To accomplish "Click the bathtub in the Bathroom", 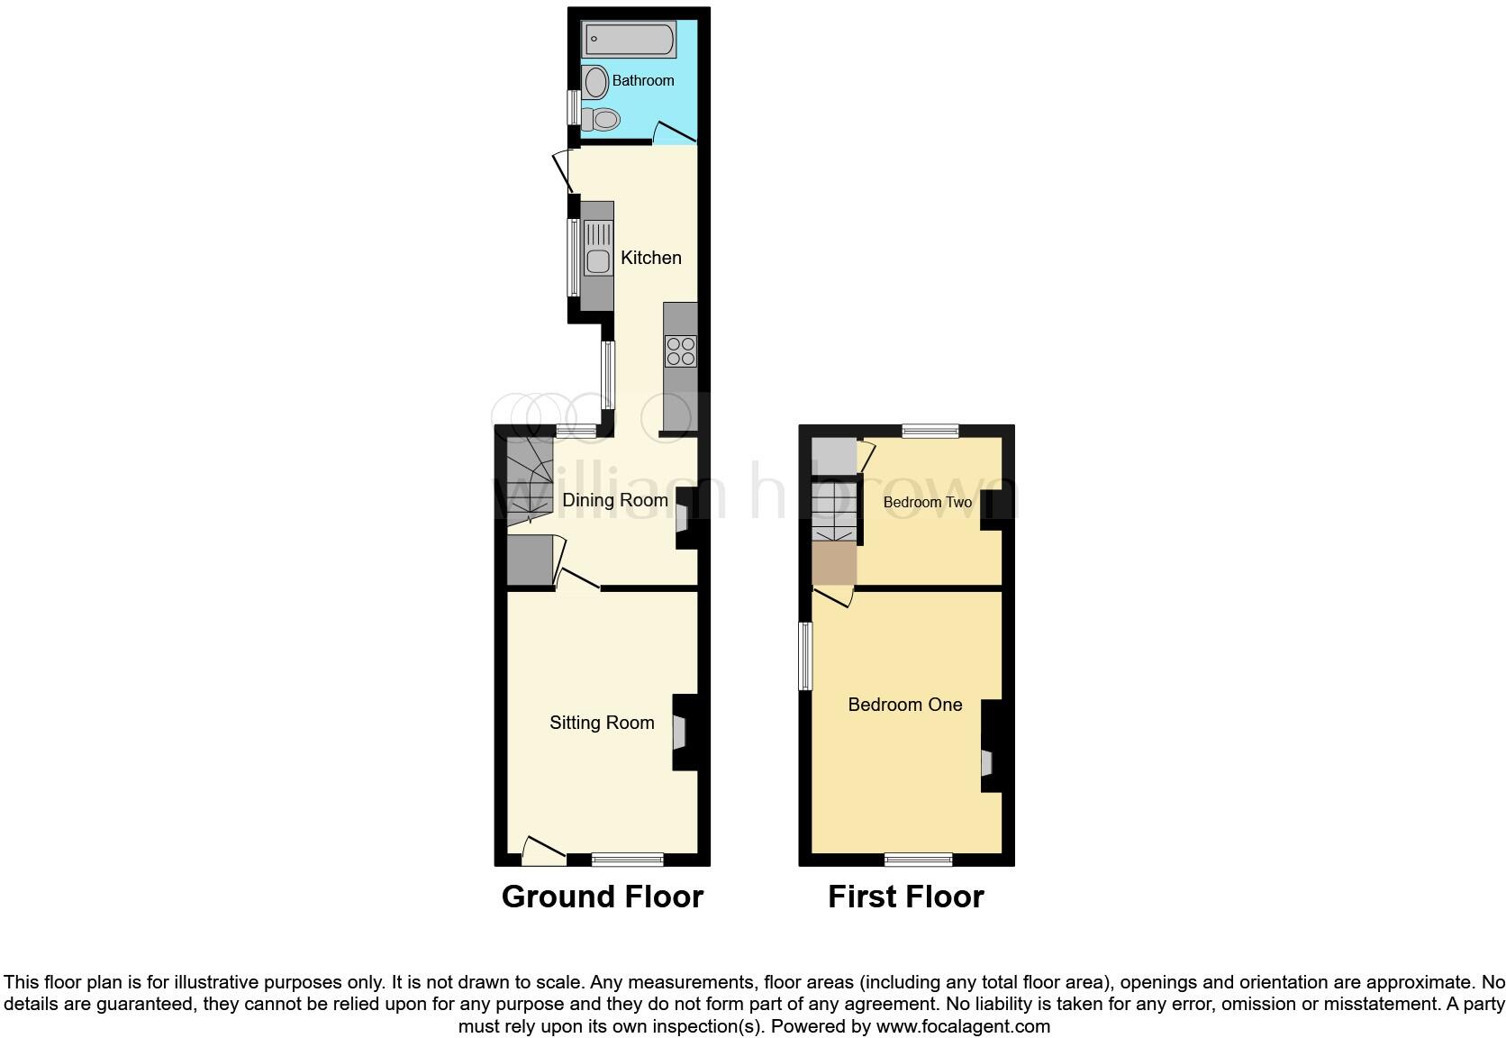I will click(x=630, y=40).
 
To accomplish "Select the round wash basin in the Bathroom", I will click(x=594, y=83).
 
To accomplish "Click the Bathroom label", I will click(x=643, y=81).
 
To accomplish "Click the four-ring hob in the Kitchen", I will click(x=680, y=351).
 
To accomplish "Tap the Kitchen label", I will click(x=651, y=259).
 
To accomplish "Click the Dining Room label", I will click(x=615, y=500).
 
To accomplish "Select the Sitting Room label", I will click(x=602, y=723).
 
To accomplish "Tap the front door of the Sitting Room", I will click(x=543, y=849).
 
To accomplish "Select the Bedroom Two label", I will click(x=928, y=503).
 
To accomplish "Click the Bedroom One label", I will click(x=905, y=705).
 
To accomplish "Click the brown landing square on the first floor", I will click(x=833, y=563).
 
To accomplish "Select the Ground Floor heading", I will click(x=603, y=897).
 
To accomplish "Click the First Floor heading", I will click(x=906, y=897).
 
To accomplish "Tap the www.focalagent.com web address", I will click(x=963, y=1025).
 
